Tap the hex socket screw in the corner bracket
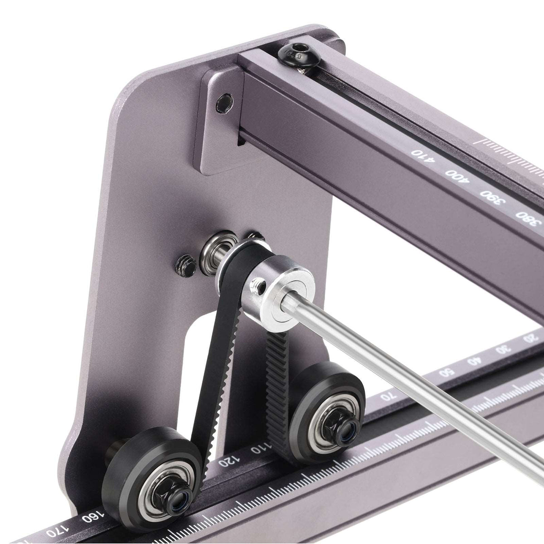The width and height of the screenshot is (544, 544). [224, 103]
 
